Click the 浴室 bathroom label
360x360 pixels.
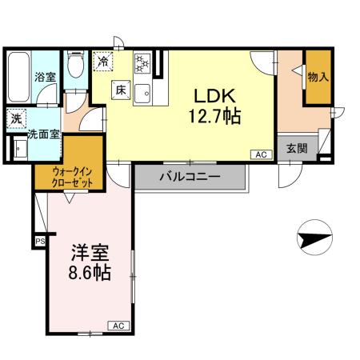[45, 78]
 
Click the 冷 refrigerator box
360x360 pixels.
[103, 60]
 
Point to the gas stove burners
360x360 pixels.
[142, 62]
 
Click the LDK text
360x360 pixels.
[210, 94]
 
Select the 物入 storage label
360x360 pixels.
[318, 77]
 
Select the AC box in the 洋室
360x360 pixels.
[117, 326]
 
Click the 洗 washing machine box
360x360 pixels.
[17, 118]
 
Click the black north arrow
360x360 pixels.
[312, 238]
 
